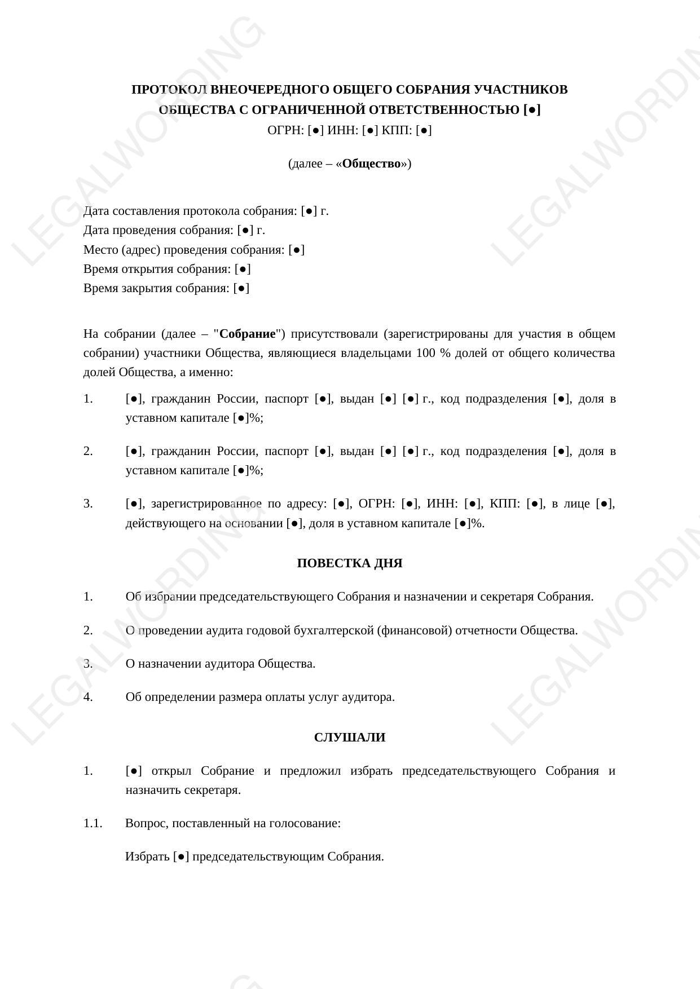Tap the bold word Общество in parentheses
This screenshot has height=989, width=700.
point(371,164)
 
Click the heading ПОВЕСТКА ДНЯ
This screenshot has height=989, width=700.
point(349,563)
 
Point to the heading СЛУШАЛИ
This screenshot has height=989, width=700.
point(349,738)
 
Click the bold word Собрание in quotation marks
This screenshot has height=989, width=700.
point(248,334)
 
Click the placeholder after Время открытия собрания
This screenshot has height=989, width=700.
point(243,269)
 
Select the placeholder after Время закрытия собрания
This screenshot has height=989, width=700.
point(241,288)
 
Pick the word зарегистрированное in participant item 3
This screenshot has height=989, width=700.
point(206,504)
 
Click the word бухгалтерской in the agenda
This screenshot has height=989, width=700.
point(333,630)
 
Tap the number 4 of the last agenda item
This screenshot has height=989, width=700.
point(88,697)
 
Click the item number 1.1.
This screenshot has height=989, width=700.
point(93,823)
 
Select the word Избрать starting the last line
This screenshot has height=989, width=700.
point(147,856)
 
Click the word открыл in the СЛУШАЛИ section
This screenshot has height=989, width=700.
point(171,771)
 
